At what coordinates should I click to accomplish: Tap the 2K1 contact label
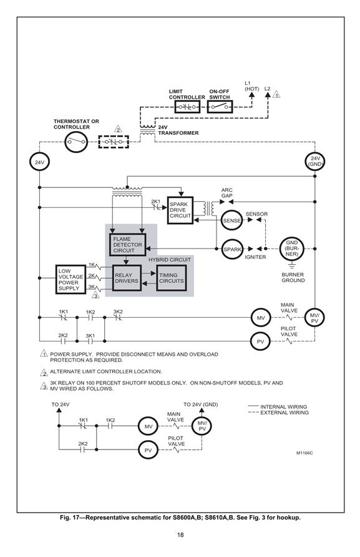point(156,202)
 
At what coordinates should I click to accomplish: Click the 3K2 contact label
point(118,312)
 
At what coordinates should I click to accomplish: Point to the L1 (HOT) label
point(251,86)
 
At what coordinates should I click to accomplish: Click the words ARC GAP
point(227,193)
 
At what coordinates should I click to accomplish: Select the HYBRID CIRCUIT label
point(170,260)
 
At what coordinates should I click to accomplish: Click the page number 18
point(180,535)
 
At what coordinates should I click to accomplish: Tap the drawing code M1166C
point(304,453)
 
